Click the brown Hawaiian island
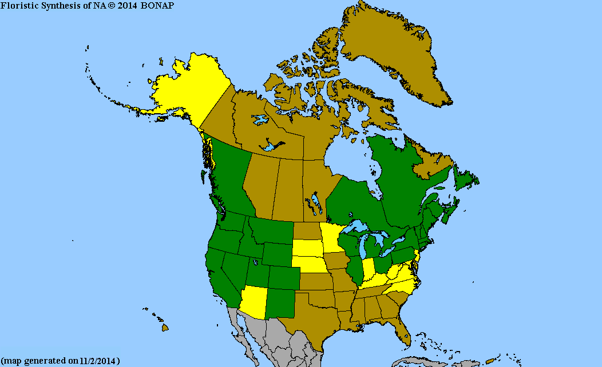165,328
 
